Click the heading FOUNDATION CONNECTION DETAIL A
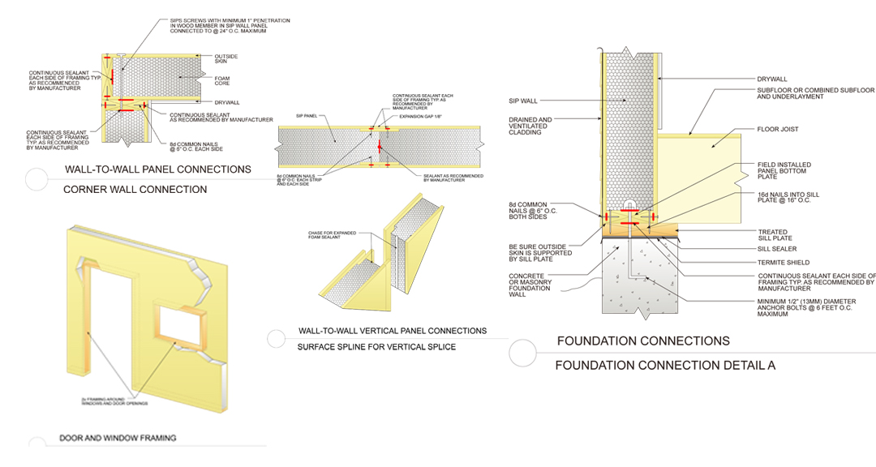(x=665, y=366)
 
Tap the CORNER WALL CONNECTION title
(x=135, y=190)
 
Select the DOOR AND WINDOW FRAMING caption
(x=118, y=439)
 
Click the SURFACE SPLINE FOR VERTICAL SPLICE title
(x=377, y=347)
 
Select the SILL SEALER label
(x=777, y=248)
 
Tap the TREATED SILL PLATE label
(x=776, y=234)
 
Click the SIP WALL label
(x=523, y=101)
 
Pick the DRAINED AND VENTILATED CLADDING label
(x=530, y=128)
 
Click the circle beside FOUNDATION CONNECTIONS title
(x=522, y=352)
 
